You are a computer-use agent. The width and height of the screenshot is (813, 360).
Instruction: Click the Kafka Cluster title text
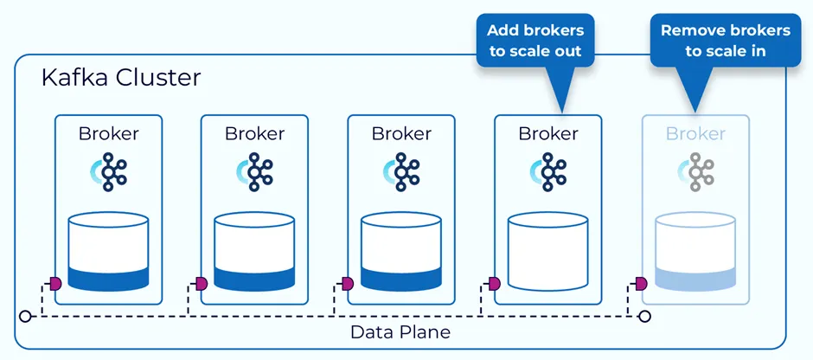coord(121,79)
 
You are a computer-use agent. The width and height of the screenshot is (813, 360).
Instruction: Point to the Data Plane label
coord(400,332)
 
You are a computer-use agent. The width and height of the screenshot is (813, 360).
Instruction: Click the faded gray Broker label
coord(695,133)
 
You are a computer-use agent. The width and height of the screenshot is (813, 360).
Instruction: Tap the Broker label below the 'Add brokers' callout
coord(547,133)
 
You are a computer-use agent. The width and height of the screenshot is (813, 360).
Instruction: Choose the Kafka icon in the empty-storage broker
coord(547,171)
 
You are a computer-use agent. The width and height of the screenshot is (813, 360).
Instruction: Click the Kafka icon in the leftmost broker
coord(108,171)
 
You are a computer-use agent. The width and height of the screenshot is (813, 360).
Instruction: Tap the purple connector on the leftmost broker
coord(54,284)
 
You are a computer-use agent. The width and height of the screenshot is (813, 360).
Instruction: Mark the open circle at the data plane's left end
coord(27,317)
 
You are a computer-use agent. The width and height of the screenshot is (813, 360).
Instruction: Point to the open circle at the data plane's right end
coord(643,317)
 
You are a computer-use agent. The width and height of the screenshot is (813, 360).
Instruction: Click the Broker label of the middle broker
coord(400,133)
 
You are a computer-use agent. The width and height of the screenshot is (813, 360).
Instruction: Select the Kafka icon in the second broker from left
coord(253,171)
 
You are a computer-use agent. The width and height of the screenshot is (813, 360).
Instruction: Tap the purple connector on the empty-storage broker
coord(495,284)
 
